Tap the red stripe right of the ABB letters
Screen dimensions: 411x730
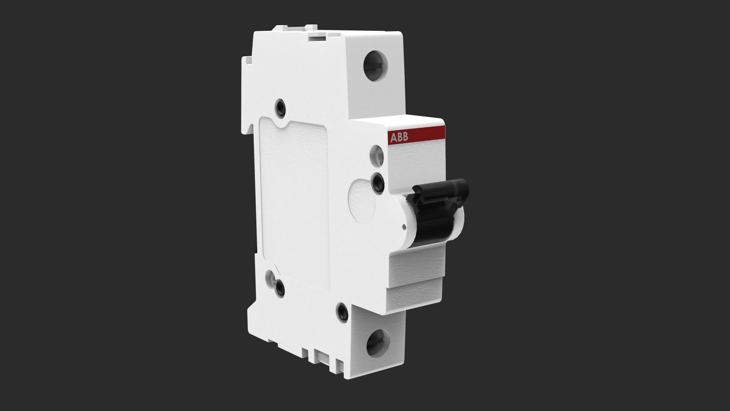428,135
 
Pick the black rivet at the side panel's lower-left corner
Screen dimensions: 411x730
281,288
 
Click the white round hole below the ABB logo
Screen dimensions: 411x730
378,154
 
